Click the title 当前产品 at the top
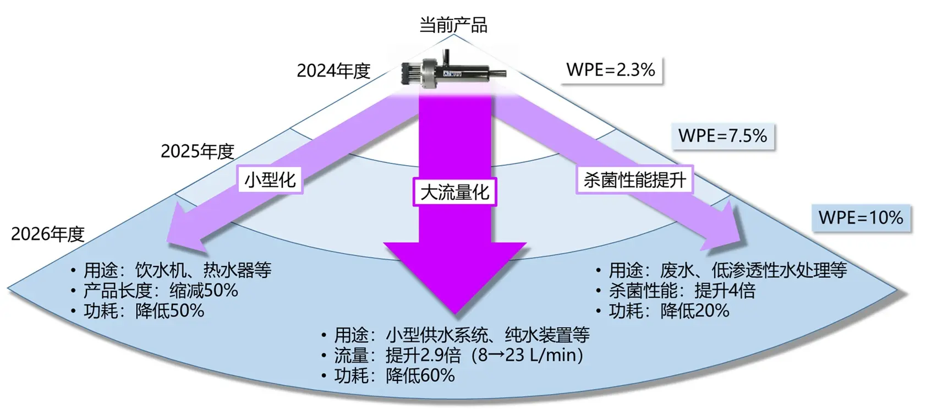453,25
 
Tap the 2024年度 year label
333,70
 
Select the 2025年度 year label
198,151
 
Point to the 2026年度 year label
48,234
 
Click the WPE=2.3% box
611,70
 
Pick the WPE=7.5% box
722,136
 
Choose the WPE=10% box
861,217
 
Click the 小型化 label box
270,179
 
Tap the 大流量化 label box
454,192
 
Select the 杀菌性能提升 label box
634,179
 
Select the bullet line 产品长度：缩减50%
160,291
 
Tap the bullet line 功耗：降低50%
144,311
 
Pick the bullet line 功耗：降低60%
394,376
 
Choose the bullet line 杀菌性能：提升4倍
682,291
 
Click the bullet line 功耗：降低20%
668,311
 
